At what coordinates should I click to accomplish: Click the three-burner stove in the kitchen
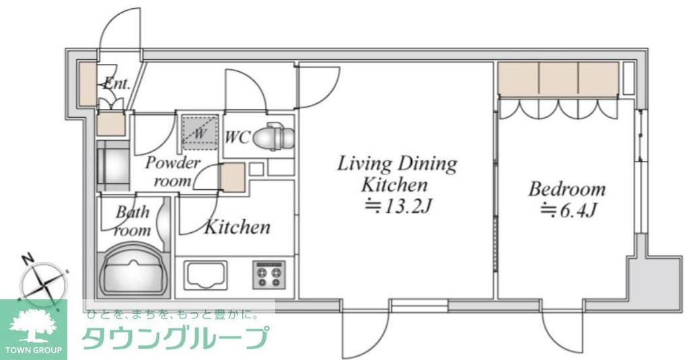coord(269,274)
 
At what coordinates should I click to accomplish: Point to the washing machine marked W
coord(200,131)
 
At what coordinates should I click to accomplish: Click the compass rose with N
coord(44,281)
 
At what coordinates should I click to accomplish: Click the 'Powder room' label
coord(172,172)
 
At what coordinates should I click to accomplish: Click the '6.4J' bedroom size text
coord(569,211)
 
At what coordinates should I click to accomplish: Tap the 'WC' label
coord(237,137)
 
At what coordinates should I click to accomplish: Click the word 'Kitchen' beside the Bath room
coord(237,227)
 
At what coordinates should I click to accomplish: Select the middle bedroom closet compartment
coord(558,79)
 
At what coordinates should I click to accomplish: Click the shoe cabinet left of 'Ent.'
coord(87,84)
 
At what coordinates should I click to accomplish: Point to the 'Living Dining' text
coord(396,164)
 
